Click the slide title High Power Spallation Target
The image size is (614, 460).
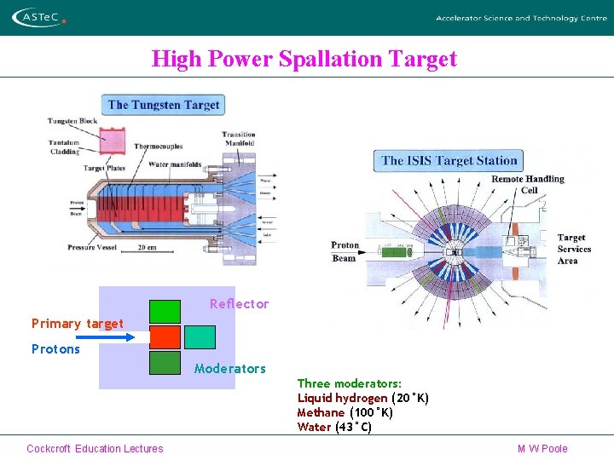pos(304,59)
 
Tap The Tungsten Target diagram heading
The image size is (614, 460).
pos(164,105)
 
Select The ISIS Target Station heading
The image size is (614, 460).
pos(449,160)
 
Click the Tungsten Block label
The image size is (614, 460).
pos(72,121)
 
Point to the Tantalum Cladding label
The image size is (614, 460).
pos(63,147)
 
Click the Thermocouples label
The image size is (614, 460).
pos(158,146)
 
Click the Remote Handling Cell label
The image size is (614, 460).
pos(528,184)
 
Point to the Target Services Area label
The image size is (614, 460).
pos(573,249)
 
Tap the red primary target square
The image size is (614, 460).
pos(165,337)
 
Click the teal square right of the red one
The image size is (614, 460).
pos(200,337)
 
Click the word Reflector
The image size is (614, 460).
pos(239,304)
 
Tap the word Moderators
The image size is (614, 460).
pos(230,369)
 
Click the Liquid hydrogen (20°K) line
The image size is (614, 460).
pos(362,398)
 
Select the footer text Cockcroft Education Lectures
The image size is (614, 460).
pos(95,449)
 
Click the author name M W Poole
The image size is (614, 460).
pos(542,449)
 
